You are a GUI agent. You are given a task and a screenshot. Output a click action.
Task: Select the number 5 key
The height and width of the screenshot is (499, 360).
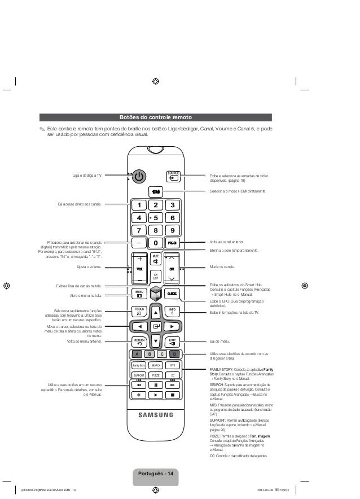[x=156, y=218]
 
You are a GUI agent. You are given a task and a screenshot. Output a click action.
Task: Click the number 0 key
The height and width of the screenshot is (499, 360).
[x=156, y=243]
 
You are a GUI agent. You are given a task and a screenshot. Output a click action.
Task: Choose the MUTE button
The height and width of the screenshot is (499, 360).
[x=156, y=259]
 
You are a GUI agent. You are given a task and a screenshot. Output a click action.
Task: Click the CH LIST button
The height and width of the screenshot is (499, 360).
[x=156, y=276]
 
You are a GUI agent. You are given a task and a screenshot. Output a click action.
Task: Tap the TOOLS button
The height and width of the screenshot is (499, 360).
[x=139, y=311]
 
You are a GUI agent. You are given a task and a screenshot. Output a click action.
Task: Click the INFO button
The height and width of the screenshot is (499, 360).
[x=173, y=311]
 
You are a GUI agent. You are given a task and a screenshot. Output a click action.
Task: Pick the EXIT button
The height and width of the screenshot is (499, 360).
[x=173, y=342]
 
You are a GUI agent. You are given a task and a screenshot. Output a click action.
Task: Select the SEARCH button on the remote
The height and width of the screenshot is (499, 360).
[x=156, y=365]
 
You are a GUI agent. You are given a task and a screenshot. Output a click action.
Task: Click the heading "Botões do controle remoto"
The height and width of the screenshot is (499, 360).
[x=156, y=118]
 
